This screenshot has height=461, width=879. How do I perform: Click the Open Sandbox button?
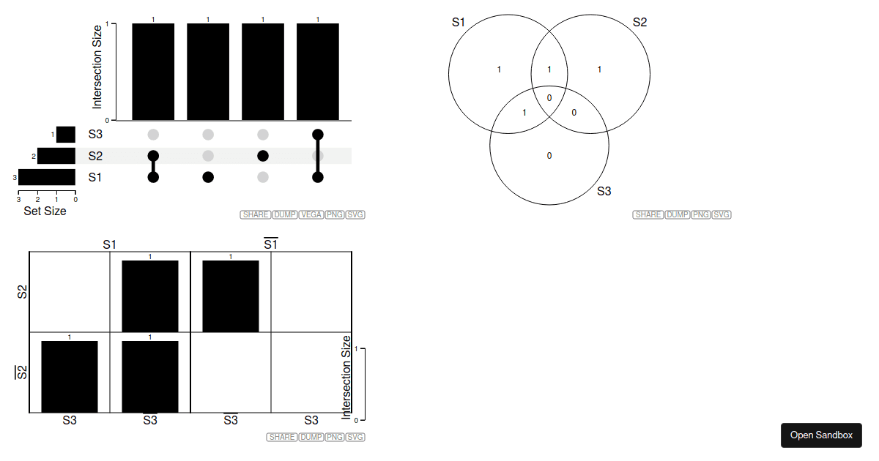pos(821,435)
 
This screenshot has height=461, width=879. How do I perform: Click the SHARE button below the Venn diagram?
pos(648,214)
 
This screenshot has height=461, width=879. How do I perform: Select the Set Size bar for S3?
pos(66,135)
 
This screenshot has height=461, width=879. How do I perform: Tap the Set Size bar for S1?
pos(47,177)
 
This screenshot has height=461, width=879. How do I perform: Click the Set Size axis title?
pos(45,211)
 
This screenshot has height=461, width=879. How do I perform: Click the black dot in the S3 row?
pos(318,135)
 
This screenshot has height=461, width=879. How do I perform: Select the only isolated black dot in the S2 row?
pos(263,156)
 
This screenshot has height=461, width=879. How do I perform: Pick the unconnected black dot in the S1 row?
pos(208,177)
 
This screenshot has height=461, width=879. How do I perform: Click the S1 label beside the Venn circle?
pos(459,23)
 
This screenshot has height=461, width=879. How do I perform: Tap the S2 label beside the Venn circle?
pos(639,23)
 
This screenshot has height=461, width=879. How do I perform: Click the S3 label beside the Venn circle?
pos(604,191)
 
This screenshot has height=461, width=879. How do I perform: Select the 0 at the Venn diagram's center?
pos(549,98)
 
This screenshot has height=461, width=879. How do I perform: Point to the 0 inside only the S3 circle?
pos(549,156)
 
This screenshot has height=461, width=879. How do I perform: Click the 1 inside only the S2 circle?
pos(599,70)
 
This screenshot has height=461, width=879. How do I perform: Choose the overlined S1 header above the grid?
pos(271,244)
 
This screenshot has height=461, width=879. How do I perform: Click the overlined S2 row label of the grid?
pos(21,372)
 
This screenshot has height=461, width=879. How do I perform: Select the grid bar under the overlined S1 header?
pos(231,296)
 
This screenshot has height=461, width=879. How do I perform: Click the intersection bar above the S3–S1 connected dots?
pos(318,72)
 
